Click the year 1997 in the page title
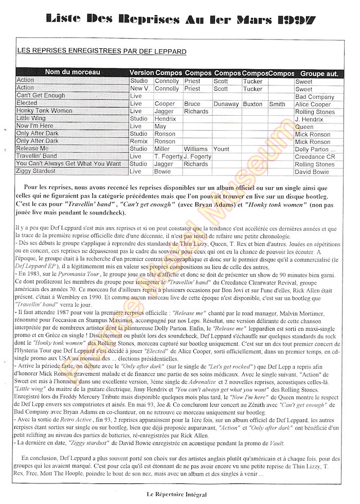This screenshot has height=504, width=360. [x=293, y=20]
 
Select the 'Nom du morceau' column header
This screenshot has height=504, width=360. [x=72, y=73]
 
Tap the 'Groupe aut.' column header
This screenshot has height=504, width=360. [x=319, y=74]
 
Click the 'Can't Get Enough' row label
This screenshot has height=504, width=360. [x=41, y=96]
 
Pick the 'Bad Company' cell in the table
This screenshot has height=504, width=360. [x=314, y=96]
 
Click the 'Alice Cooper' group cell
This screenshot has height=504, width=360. [x=314, y=104]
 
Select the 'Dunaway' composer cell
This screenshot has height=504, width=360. [x=227, y=104]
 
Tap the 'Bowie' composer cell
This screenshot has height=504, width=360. [x=164, y=171]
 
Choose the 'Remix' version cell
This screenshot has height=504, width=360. [x=139, y=141]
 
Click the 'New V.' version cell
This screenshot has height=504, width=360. [x=140, y=88]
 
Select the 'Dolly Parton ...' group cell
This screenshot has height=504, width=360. [x=315, y=149]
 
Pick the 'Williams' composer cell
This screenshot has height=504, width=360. [x=195, y=149]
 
